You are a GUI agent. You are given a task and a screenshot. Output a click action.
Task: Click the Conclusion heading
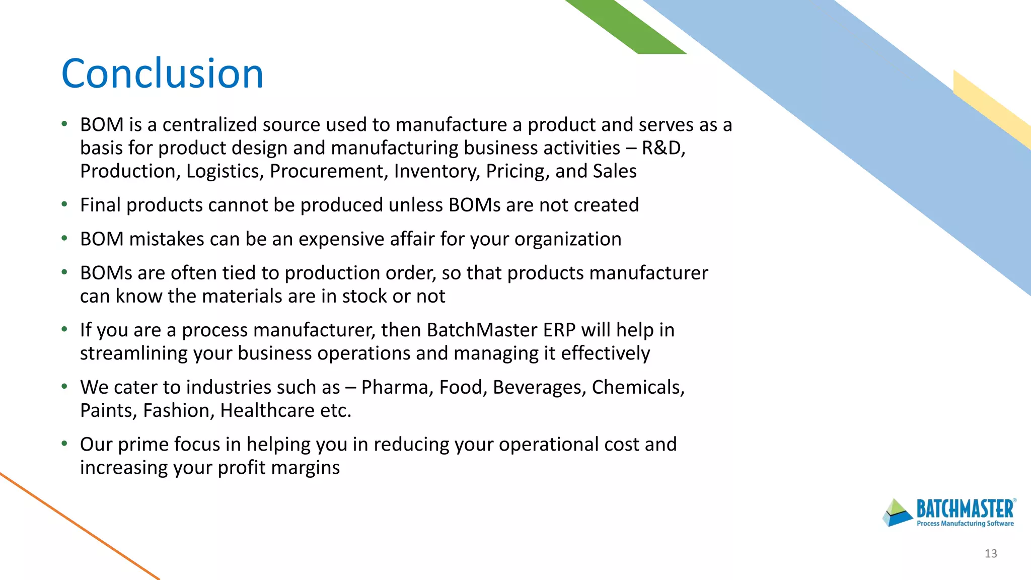point(162,74)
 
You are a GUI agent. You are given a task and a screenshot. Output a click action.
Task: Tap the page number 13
point(990,553)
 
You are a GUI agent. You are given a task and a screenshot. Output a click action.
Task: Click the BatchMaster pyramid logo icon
point(897,513)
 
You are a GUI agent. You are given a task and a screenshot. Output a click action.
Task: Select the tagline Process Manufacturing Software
point(965,524)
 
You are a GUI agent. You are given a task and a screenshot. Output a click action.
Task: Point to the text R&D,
point(663,148)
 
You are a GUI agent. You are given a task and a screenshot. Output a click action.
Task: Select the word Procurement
point(329,171)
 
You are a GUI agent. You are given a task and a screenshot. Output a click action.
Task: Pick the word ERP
point(559,330)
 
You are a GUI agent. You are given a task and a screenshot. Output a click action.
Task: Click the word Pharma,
point(397,387)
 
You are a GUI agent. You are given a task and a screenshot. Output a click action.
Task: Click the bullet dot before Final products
point(64,204)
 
